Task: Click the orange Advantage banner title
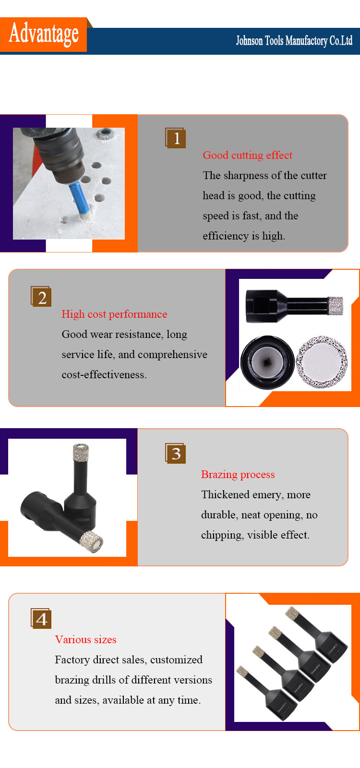[44, 34]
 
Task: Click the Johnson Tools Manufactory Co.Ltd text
[294, 41]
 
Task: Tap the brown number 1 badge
[176, 138]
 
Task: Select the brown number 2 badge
[41, 297]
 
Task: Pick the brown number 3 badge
[176, 453]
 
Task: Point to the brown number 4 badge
[41, 619]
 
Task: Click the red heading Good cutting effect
[248, 156]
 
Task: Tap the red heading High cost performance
[115, 314]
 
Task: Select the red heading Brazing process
[238, 475]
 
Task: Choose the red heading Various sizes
[86, 640]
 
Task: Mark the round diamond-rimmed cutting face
[322, 362]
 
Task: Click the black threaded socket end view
[267, 362]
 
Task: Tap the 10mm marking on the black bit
[84, 520]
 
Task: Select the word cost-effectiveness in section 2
[104, 375]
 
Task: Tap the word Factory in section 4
[72, 660]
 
